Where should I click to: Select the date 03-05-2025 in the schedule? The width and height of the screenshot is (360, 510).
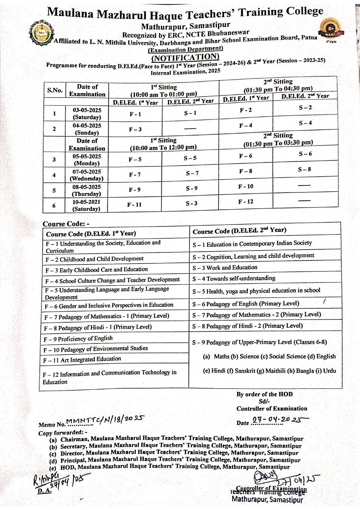87,110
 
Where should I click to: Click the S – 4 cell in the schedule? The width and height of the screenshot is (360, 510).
305,123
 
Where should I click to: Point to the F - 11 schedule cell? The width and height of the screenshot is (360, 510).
134,205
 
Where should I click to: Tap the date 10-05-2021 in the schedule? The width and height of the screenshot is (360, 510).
86,202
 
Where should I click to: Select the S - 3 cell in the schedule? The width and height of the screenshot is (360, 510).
192,203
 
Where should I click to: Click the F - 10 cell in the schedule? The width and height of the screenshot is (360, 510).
246,186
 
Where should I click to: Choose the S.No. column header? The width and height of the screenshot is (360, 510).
55,90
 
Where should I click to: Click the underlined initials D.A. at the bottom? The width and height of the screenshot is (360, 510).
44,490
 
